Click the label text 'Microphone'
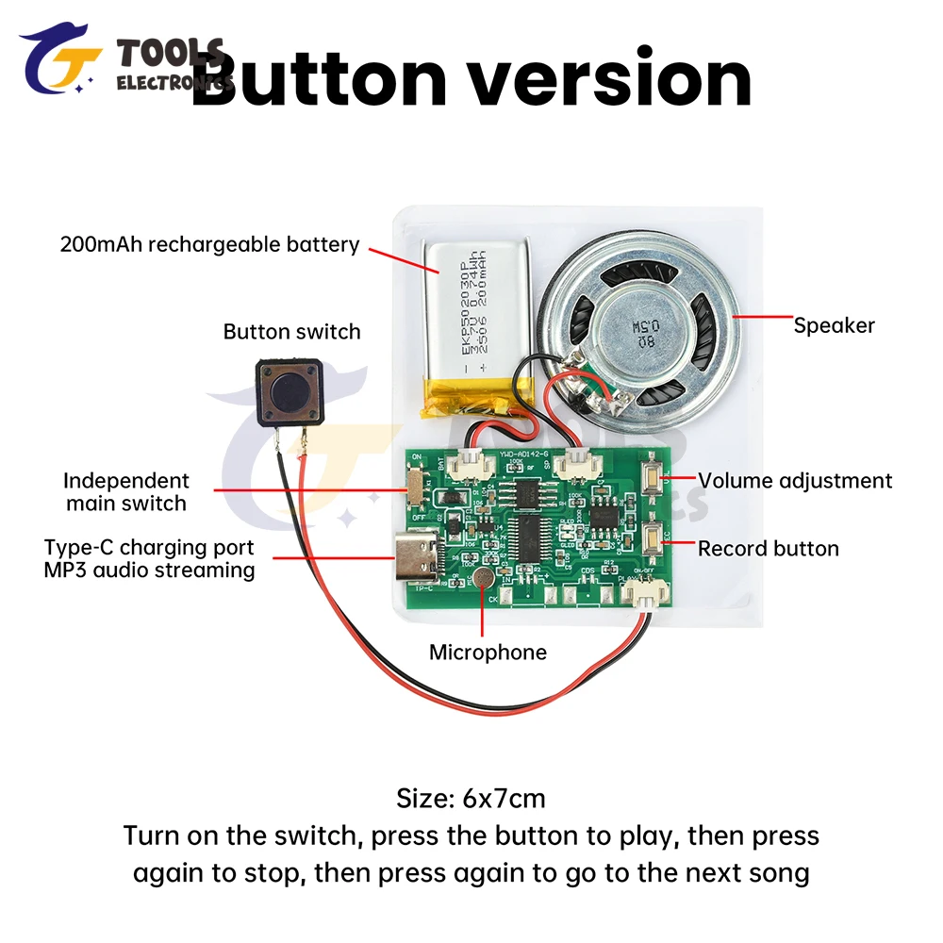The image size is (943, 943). tap(488, 653)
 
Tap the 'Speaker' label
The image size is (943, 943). tap(834, 326)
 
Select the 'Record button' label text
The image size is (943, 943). tap(768, 549)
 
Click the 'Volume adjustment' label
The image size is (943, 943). tap(794, 481)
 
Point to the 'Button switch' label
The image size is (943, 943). tap(291, 332)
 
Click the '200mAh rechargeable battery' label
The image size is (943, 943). tap(209, 245)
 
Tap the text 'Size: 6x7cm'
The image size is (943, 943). tap(471, 799)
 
